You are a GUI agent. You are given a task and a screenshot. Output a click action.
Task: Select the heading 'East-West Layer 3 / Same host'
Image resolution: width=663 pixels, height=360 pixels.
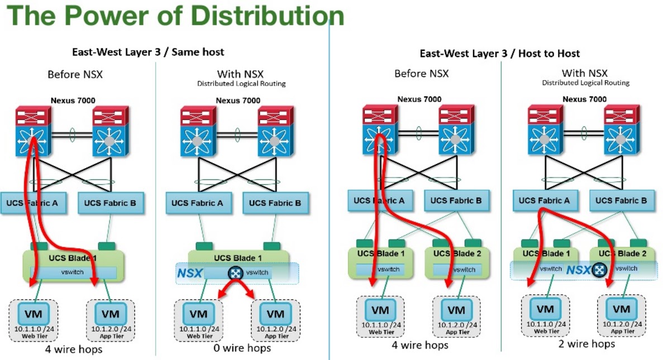point(148,52)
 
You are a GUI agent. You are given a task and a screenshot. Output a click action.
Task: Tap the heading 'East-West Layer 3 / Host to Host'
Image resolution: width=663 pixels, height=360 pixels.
point(500,54)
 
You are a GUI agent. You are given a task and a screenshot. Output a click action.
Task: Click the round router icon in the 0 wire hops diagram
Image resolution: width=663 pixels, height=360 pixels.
point(235,273)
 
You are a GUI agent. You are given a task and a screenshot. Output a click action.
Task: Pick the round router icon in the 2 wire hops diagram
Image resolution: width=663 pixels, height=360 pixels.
point(599,270)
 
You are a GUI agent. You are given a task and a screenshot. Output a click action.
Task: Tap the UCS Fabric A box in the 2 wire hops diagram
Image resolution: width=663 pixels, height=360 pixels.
point(544,200)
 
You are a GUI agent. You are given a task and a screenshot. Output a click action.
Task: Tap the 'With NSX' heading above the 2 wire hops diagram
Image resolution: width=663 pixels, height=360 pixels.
point(584,73)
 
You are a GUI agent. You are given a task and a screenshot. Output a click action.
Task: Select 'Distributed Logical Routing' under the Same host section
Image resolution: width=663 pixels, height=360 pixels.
point(241,84)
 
